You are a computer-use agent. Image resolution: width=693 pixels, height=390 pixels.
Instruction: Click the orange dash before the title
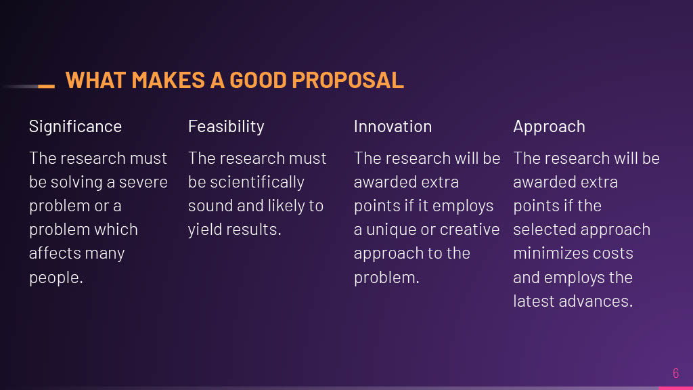[x=46, y=86]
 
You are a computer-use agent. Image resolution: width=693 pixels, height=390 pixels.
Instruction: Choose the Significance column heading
[x=75, y=127]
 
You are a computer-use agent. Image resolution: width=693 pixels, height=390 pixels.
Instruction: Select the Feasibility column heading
[x=226, y=127]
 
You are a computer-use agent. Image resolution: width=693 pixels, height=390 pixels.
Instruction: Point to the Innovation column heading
[x=393, y=127]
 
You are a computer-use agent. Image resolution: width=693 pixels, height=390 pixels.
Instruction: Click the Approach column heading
[x=549, y=127]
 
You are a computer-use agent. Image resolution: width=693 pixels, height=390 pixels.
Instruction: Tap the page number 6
[x=675, y=373]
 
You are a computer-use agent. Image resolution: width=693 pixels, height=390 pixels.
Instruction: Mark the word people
[x=54, y=278]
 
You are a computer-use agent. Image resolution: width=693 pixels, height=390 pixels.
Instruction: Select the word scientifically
[x=257, y=182]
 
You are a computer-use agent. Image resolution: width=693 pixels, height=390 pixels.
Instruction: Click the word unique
[x=391, y=230]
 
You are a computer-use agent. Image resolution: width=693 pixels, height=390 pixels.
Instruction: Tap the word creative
[x=470, y=230]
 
